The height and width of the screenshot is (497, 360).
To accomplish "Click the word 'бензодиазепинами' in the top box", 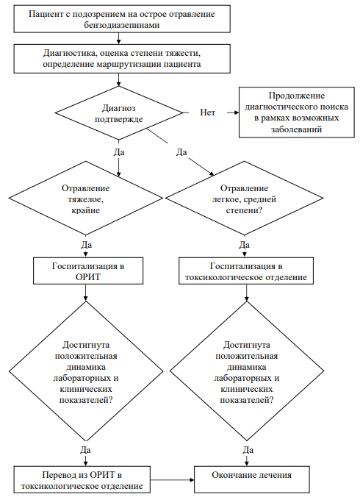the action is pos(122,25).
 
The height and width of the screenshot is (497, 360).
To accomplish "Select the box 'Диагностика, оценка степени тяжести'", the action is pos(122,59).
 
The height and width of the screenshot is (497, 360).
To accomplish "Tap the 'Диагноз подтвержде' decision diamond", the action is pos(119,112).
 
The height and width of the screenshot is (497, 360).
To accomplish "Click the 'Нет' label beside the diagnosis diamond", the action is pos(207,112).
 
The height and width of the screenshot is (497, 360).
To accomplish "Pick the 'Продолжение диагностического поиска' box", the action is pos(297,112).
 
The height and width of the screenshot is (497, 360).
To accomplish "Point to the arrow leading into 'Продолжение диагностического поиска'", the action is pos(233,112).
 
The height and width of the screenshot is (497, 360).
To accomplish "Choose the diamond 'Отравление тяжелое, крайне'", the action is pos(85,198).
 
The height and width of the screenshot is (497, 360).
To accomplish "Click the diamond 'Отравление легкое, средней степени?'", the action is pos(244,198).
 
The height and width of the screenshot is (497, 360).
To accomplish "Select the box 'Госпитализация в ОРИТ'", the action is pos(88,271).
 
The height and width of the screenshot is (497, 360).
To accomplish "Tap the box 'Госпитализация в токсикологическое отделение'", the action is pos(246,271).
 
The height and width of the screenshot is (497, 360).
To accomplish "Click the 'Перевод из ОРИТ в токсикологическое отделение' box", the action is pos(82,479).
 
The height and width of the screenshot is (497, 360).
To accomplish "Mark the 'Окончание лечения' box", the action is pos(252,479).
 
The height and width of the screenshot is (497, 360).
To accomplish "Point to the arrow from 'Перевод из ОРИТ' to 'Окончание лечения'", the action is pos(172,480).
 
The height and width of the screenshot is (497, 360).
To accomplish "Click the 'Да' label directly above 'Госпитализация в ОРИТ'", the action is pos(86,245).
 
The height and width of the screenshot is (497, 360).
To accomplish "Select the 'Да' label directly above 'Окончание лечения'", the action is pos(248,450).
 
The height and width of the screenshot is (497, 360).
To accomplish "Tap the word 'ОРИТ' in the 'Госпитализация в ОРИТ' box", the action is pos(88,277).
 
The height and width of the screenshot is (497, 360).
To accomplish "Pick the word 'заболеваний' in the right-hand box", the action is pos(296,129).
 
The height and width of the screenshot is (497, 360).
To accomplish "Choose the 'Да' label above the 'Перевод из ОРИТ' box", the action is pos(85,450).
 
